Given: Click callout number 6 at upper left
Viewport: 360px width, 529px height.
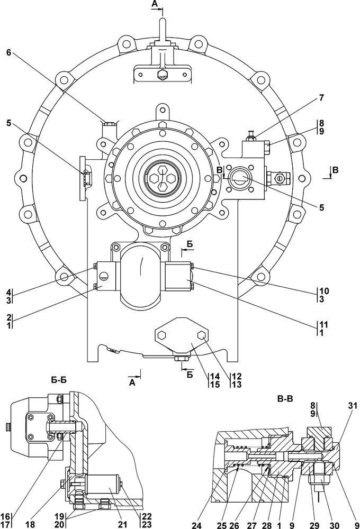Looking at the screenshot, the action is (x=9, y=52).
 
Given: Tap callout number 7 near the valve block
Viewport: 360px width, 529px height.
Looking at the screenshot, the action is (x=321, y=98).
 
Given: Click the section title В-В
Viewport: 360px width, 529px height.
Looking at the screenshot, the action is (x=285, y=399).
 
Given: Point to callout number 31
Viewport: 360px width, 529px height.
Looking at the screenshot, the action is (x=353, y=406).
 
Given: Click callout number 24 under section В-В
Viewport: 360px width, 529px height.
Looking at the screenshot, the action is (x=196, y=525).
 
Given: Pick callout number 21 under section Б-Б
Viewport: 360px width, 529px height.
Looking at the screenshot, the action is (x=123, y=524).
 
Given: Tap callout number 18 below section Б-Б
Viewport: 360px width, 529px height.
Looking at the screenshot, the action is (x=30, y=524).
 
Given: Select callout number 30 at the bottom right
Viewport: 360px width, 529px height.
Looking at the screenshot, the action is (x=334, y=525).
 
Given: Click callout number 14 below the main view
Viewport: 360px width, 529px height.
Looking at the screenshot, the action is (x=215, y=376).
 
